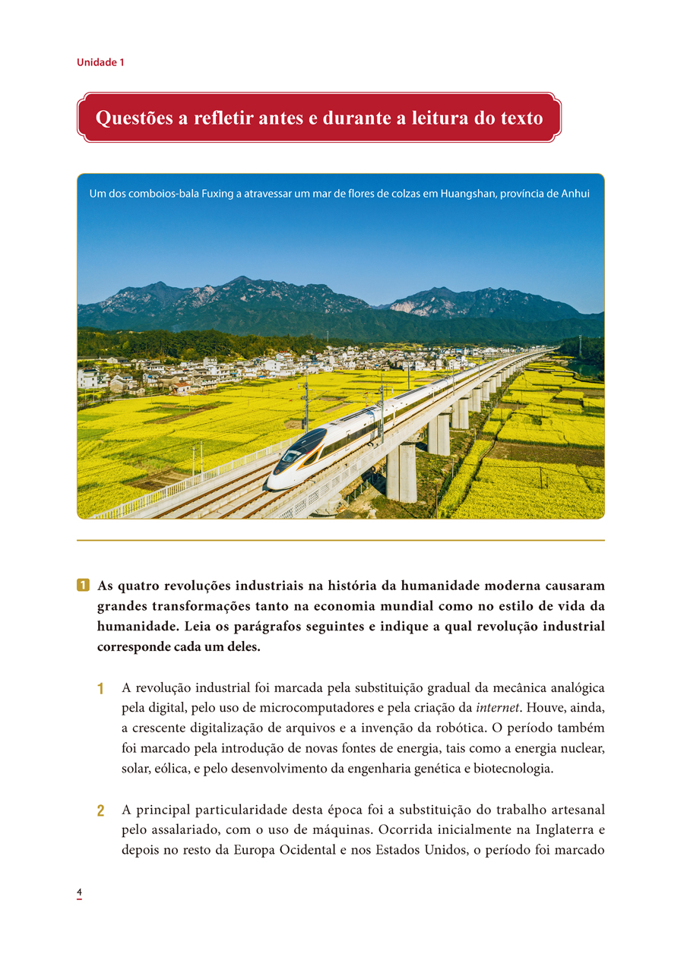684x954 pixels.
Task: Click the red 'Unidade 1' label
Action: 100,62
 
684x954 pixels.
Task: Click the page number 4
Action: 78,891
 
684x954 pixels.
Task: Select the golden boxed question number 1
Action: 83,586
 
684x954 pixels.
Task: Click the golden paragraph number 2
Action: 100,810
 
